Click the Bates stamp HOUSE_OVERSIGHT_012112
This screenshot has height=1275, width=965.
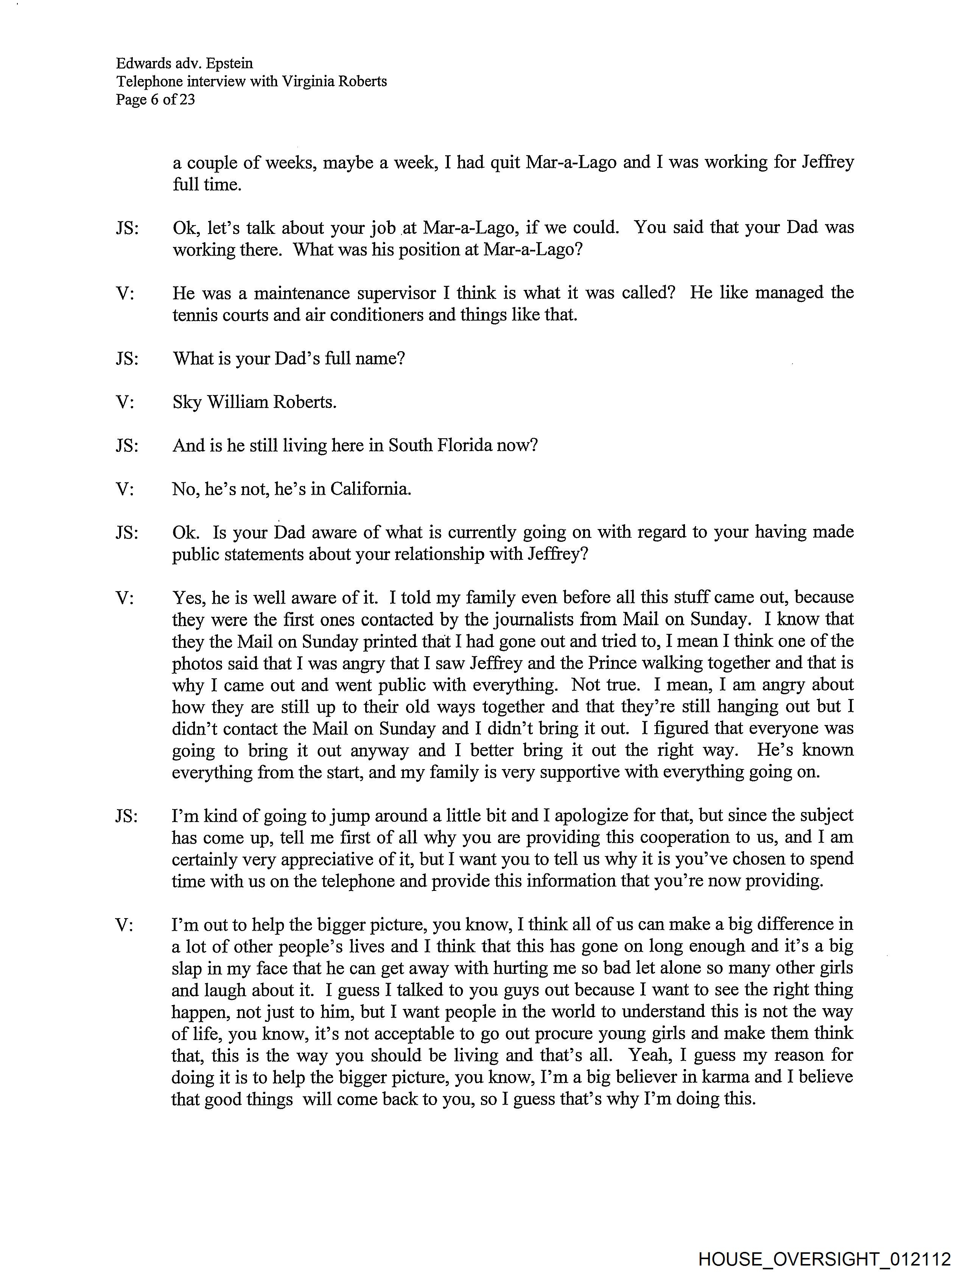coord(824,1258)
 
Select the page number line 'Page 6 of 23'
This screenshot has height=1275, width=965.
coord(155,100)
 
